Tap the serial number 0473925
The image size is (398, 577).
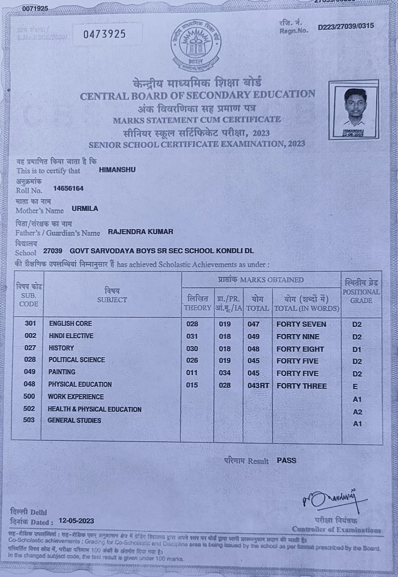click(x=105, y=34)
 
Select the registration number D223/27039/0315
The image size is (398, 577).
click(x=346, y=26)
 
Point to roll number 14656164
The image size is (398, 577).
click(x=68, y=188)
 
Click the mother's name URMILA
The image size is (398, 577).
click(x=85, y=209)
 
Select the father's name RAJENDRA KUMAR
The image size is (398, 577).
click(x=141, y=232)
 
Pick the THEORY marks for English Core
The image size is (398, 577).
click(x=192, y=324)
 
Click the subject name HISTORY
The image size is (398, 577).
click(x=62, y=348)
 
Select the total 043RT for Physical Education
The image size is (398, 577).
click(x=258, y=385)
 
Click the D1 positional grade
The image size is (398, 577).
click(x=357, y=349)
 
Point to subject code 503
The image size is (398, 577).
click(x=30, y=420)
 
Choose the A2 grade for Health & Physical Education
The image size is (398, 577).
click(x=357, y=411)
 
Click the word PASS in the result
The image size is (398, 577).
click(x=286, y=460)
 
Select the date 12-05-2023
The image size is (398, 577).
click(x=76, y=521)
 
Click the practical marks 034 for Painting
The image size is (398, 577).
click(x=225, y=373)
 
